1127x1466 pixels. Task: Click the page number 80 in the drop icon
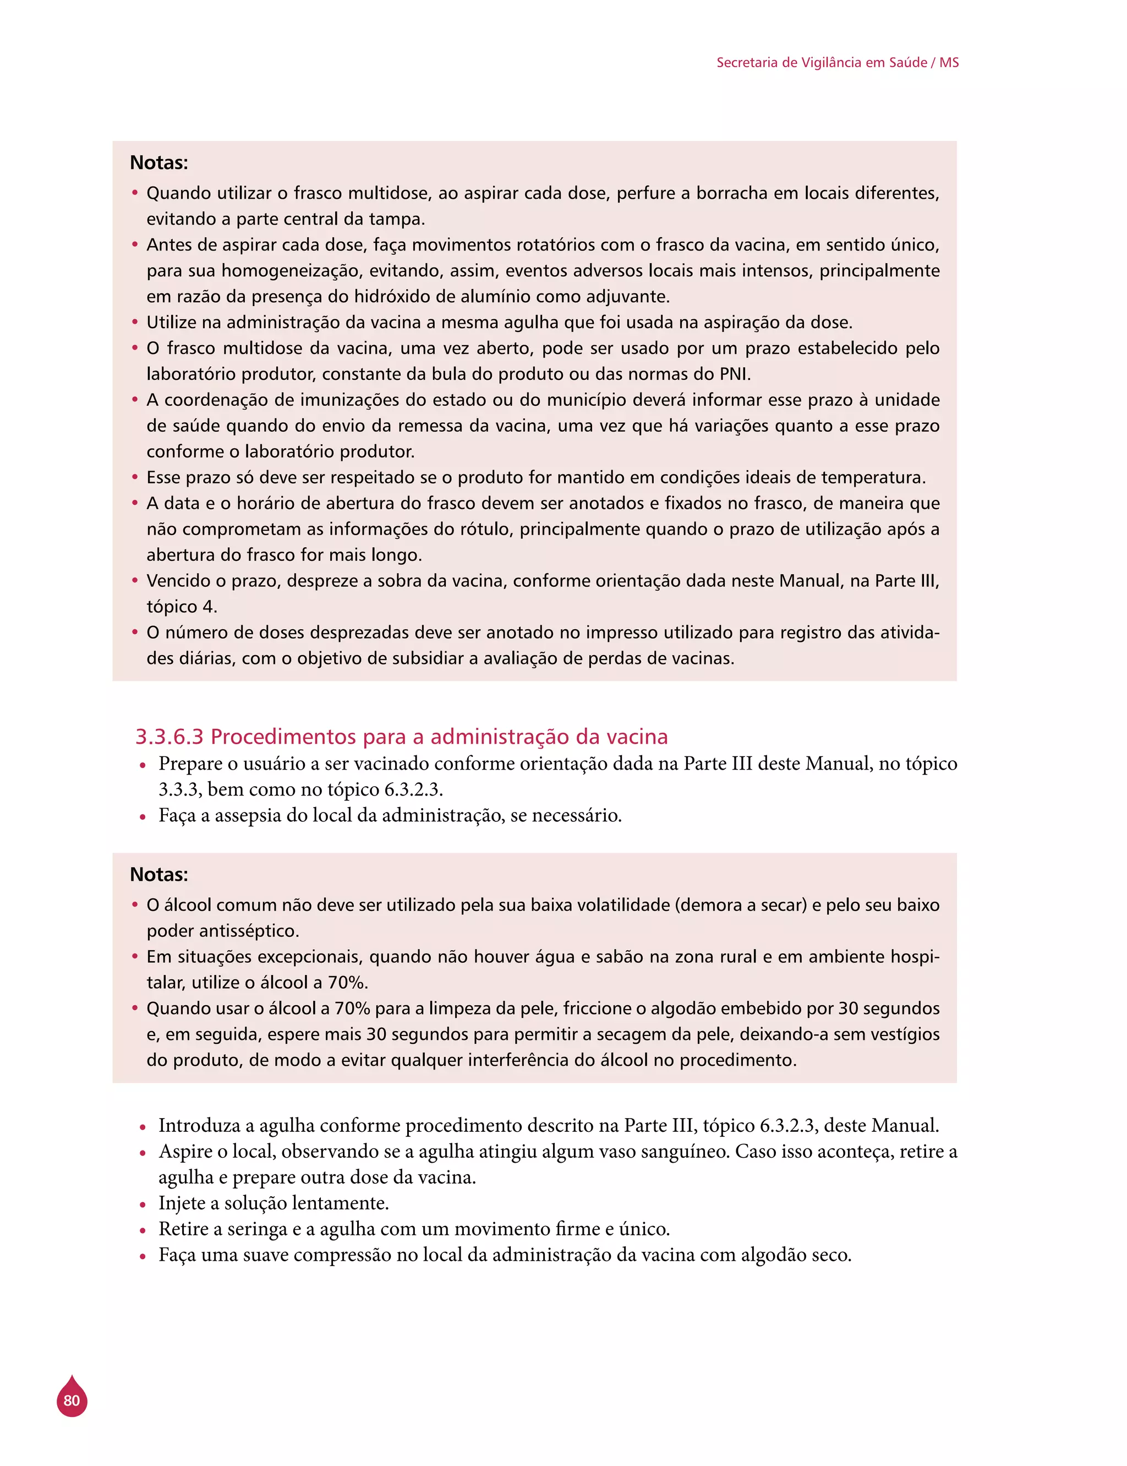click(72, 1400)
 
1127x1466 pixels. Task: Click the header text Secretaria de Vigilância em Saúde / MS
click(837, 62)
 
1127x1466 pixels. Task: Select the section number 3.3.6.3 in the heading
click(169, 737)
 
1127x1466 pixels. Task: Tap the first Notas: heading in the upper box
click(159, 163)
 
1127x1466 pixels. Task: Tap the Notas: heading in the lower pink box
click(159, 875)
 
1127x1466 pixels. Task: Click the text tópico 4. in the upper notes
click(182, 607)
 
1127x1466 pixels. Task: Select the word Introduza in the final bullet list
click(199, 1125)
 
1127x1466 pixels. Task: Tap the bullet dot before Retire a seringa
click(142, 1230)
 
